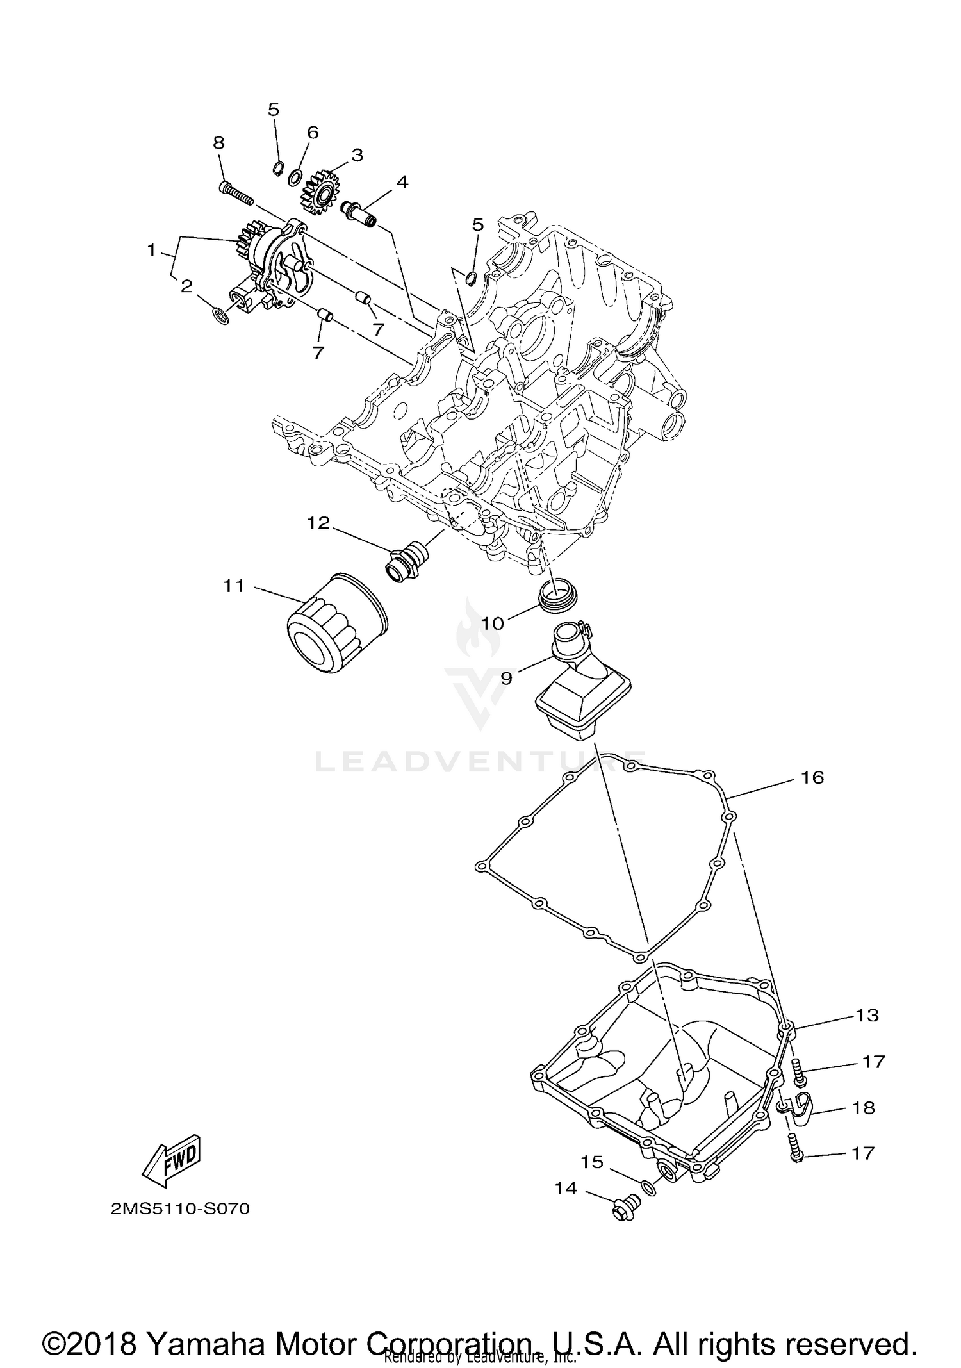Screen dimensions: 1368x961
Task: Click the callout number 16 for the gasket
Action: point(812,777)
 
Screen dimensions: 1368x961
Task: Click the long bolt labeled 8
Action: point(238,192)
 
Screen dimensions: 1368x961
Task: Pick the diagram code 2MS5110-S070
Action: point(180,1209)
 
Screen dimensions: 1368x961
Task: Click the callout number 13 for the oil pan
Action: point(867,1015)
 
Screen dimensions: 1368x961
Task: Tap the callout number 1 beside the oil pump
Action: point(151,250)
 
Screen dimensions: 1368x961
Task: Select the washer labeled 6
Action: point(297,176)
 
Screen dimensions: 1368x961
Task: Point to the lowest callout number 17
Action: point(862,1153)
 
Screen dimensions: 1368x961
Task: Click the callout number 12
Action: point(318,523)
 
